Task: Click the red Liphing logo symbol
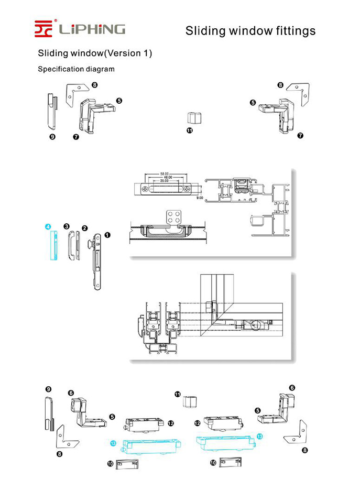(44, 28)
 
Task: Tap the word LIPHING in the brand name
(92, 29)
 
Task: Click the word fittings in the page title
(289, 31)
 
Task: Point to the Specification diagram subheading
(76, 69)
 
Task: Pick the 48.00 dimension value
(168, 177)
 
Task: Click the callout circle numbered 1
(108, 235)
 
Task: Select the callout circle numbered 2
(84, 228)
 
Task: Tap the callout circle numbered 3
(67, 226)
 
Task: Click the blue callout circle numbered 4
(48, 227)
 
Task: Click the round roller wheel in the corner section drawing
(257, 325)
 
